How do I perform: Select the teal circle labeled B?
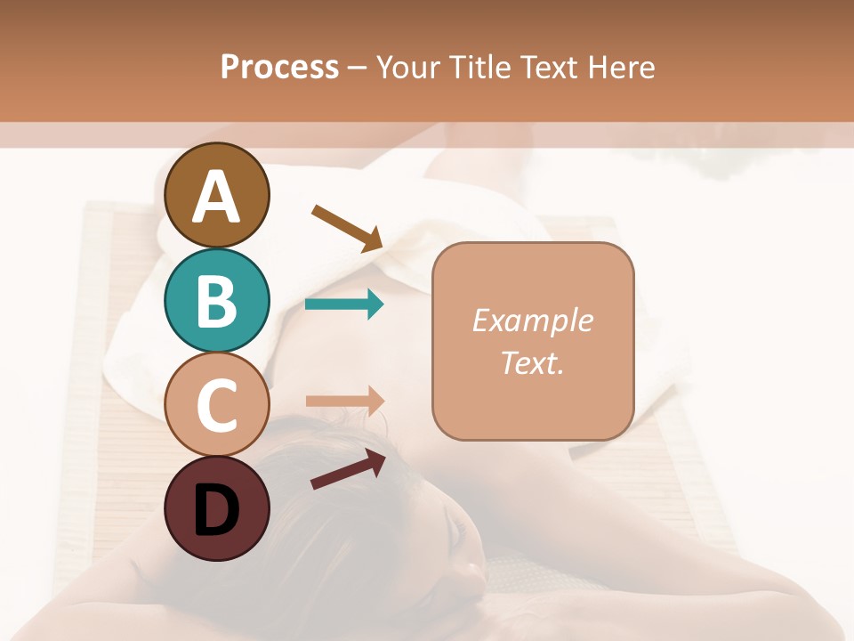(x=217, y=301)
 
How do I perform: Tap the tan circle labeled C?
(x=217, y=405)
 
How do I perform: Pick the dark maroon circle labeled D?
(x=217, y=508)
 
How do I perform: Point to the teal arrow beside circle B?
(x=344, y=304)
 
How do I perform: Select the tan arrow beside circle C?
(x=344, y=401)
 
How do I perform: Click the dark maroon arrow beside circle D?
(x=348, y=469)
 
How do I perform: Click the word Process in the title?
(x=279, y=67)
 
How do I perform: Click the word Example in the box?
(x=532, y=320)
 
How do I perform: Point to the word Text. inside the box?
(x=532, y=362)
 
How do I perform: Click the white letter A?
(x=217, y=196)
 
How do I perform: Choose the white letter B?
(x=217, y=301)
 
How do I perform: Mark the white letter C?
(x=217, y=406)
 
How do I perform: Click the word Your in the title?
(x=407, y=67)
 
